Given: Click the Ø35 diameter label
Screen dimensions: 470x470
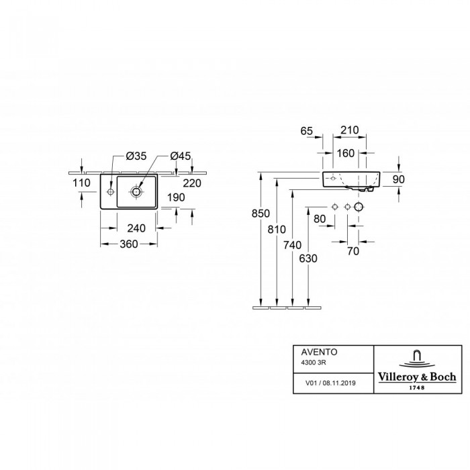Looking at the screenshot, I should coord(136,156).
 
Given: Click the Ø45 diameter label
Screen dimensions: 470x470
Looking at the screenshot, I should coord(181,156).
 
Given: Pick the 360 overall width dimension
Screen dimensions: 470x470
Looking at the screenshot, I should coord(128,244).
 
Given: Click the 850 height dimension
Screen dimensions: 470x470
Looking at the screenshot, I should coord(260,214).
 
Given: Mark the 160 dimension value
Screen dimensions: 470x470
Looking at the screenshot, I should coord(346,154).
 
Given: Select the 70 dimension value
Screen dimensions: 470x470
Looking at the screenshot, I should coord(354,251).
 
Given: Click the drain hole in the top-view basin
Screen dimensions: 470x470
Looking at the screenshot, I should coord(136,191).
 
